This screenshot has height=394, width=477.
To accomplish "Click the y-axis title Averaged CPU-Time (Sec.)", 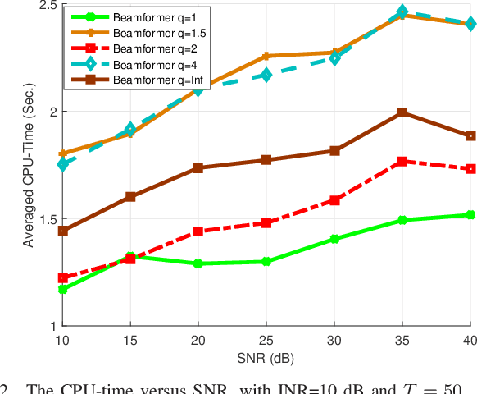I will [27, 165].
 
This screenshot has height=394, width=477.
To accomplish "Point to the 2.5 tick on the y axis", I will [46, 5].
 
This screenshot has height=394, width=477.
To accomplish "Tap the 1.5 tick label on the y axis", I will [46, 219].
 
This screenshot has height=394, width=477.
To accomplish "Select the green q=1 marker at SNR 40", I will [470, 215].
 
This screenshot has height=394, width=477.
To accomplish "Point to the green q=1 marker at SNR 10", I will [62, 289].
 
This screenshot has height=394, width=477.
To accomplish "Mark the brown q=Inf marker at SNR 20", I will [198, 168].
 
